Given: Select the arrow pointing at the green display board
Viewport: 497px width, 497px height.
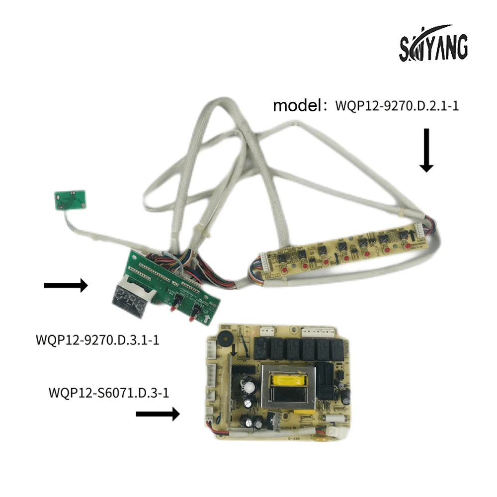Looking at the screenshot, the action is pyautogui.click(x=66, y=285).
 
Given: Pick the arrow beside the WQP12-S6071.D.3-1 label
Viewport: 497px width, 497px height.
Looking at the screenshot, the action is pyautogui.click(x=158, y=414).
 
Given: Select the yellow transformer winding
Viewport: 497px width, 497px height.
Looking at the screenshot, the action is pyautogui.click(x=288, y=382).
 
